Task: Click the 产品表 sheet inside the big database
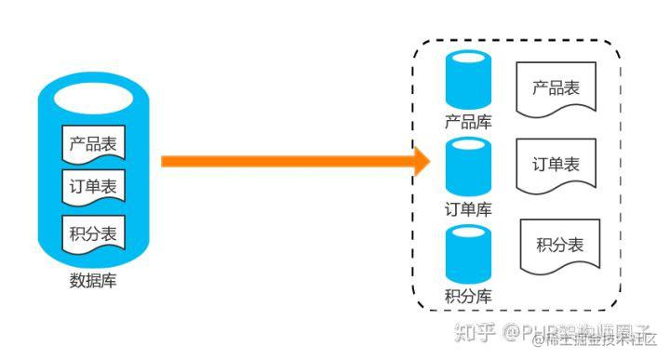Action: [x=93, y=145]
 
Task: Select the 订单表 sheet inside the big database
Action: [x=93, y=187]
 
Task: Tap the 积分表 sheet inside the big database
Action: [x=93, y=233]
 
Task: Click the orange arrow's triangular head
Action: [x=421, y=161]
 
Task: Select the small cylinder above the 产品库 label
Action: [x=468, y=82]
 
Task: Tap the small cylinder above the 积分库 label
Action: [x=468, y=255]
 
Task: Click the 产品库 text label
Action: [x=468, y=122]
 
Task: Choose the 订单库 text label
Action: [x=468, y=209]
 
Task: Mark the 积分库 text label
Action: [x=468, y=298]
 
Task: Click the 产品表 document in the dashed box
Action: [x=556, y=91]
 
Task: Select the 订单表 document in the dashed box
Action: [x=556, y=167]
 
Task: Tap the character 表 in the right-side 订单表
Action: [x=571, y=165]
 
